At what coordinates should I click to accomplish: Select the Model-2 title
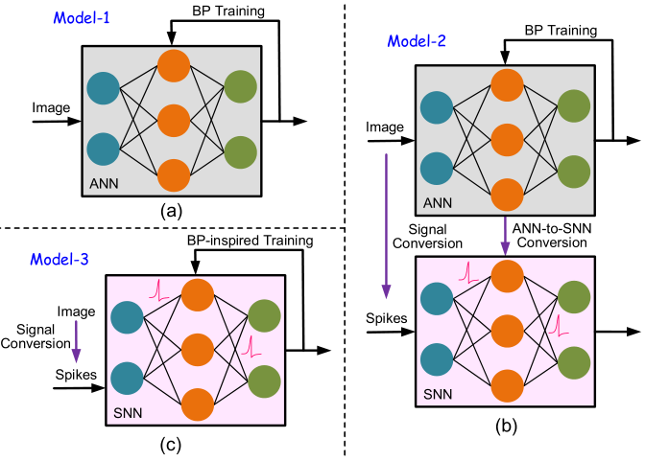[x=418, y=42]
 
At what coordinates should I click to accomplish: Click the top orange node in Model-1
[x=173, y=67]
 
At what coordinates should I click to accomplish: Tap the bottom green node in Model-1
[x=241, y=151]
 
